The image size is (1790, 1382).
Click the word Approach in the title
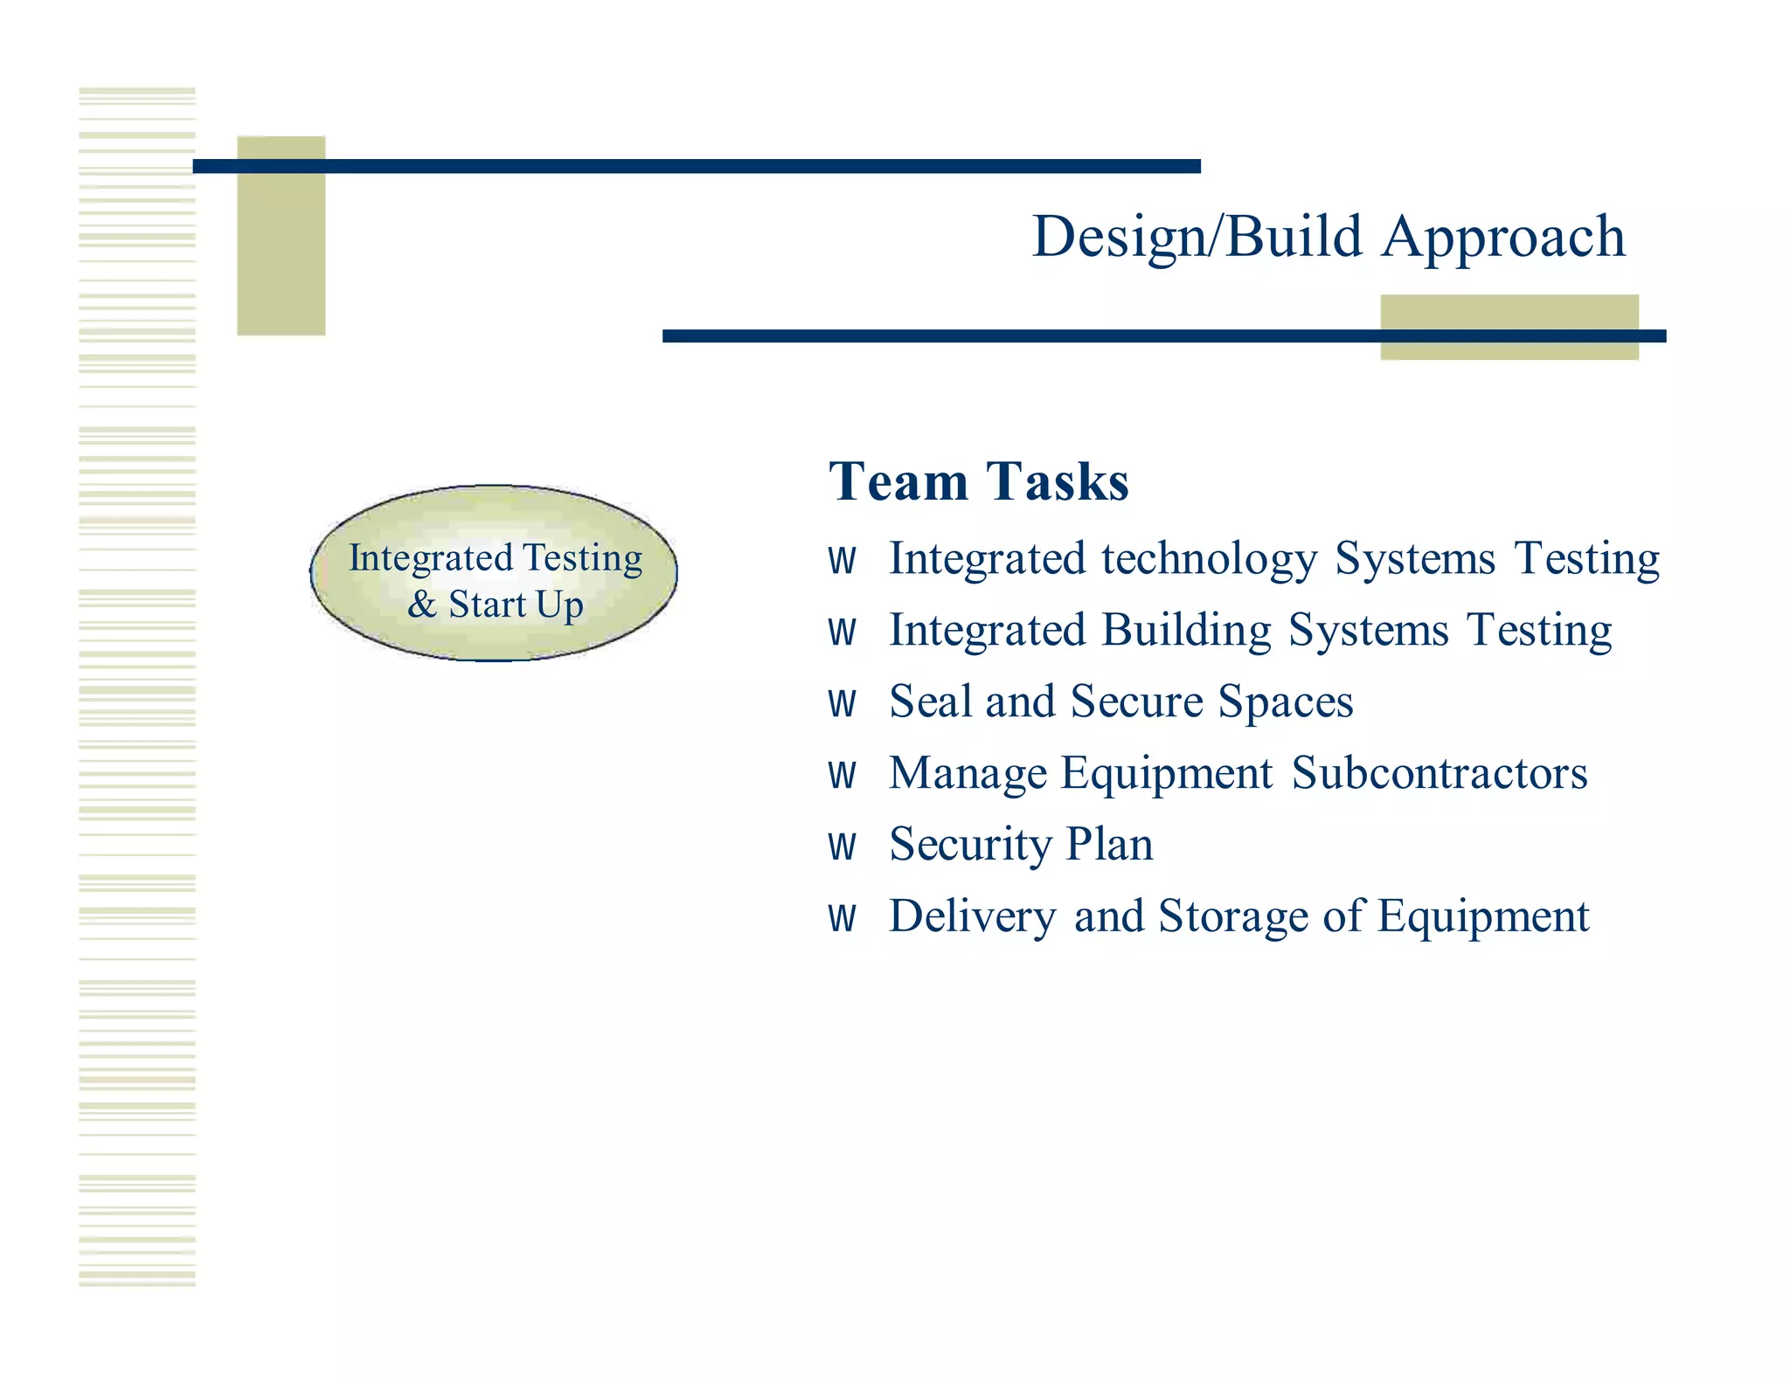click(1503, 237)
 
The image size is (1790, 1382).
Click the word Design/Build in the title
click(1197, 237)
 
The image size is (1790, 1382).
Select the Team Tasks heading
click(978, 481)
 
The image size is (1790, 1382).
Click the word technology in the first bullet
click(1209, 558)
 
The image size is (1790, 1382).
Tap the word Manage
click(968, 774)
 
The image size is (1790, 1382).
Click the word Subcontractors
click(1439, 773)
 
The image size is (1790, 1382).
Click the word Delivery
click(972, 916)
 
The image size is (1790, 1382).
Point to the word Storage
click(1232, 916)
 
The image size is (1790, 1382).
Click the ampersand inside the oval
click(421, 605)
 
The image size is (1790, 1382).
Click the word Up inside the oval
click(559, 605)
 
